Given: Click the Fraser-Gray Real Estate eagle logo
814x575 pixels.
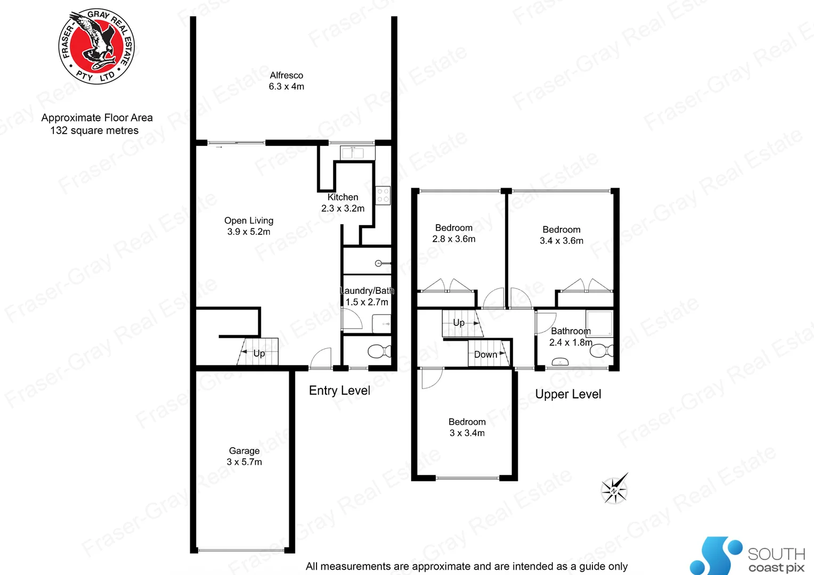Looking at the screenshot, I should [x=96, y=46].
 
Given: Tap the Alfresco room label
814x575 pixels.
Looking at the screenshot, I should [x=286, y=76].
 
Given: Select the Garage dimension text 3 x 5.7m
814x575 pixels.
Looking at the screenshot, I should [x=245, y=462].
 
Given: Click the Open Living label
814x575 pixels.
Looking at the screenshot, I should [x=249, y=220].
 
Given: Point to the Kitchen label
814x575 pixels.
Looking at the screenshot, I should [x=343, y=198].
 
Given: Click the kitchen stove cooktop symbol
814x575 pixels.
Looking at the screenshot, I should [x=382, y=195].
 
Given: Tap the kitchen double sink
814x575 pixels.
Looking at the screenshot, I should [x=352, y=153].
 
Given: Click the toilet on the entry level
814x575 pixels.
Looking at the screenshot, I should [x=379, y=351].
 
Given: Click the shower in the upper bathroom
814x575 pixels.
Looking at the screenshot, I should [x=600, y=323].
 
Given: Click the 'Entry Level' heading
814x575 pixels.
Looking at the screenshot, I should [x=339, y=391].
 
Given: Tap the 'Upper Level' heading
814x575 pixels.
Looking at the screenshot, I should [x=568, y=395].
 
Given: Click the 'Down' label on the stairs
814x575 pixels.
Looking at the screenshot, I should [x=485, y=355].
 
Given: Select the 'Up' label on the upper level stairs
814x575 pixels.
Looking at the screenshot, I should [x=459, y=323].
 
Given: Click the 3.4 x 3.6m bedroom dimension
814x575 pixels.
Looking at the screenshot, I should [x=561, y=241].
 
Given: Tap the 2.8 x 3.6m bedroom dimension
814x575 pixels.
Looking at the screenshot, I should [x=454, y=239].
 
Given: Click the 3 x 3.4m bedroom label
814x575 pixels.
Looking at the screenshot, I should [x=467, y=422].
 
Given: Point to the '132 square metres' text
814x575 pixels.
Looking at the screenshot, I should [x=94, y=131].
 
